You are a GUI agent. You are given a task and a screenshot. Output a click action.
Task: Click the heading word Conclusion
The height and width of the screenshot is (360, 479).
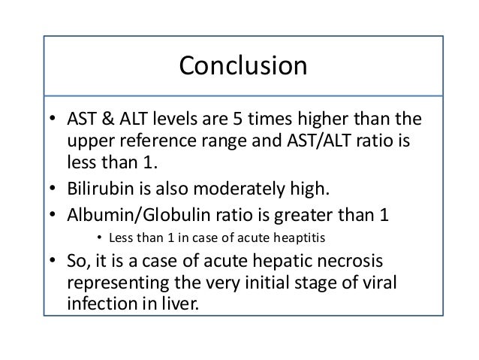[x=243, y=67]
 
